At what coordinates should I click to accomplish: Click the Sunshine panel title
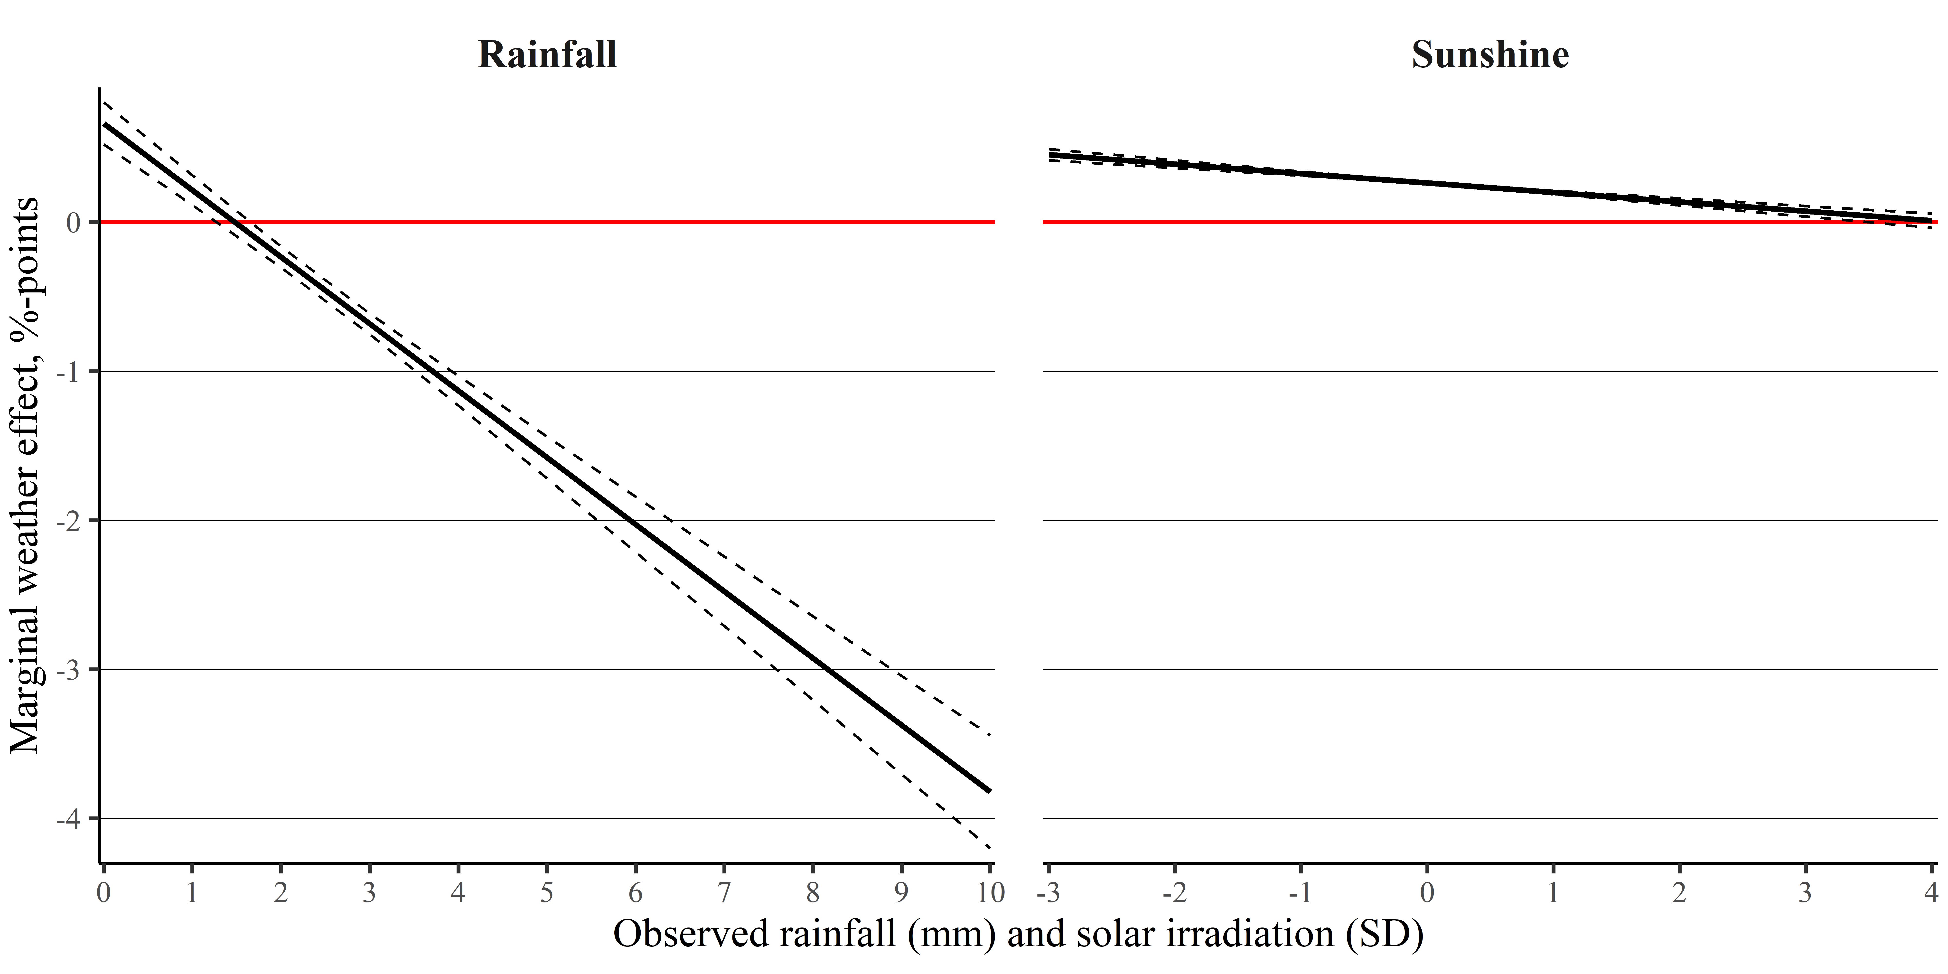point(1490,55)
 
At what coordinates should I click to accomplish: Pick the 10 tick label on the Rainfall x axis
point(989,893)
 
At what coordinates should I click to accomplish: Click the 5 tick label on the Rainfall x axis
point(547,893)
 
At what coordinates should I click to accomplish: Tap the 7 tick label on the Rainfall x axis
point(724,893)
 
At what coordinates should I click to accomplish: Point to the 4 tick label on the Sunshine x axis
point(1931,893)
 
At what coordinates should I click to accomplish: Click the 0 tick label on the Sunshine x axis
point(1427,893)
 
